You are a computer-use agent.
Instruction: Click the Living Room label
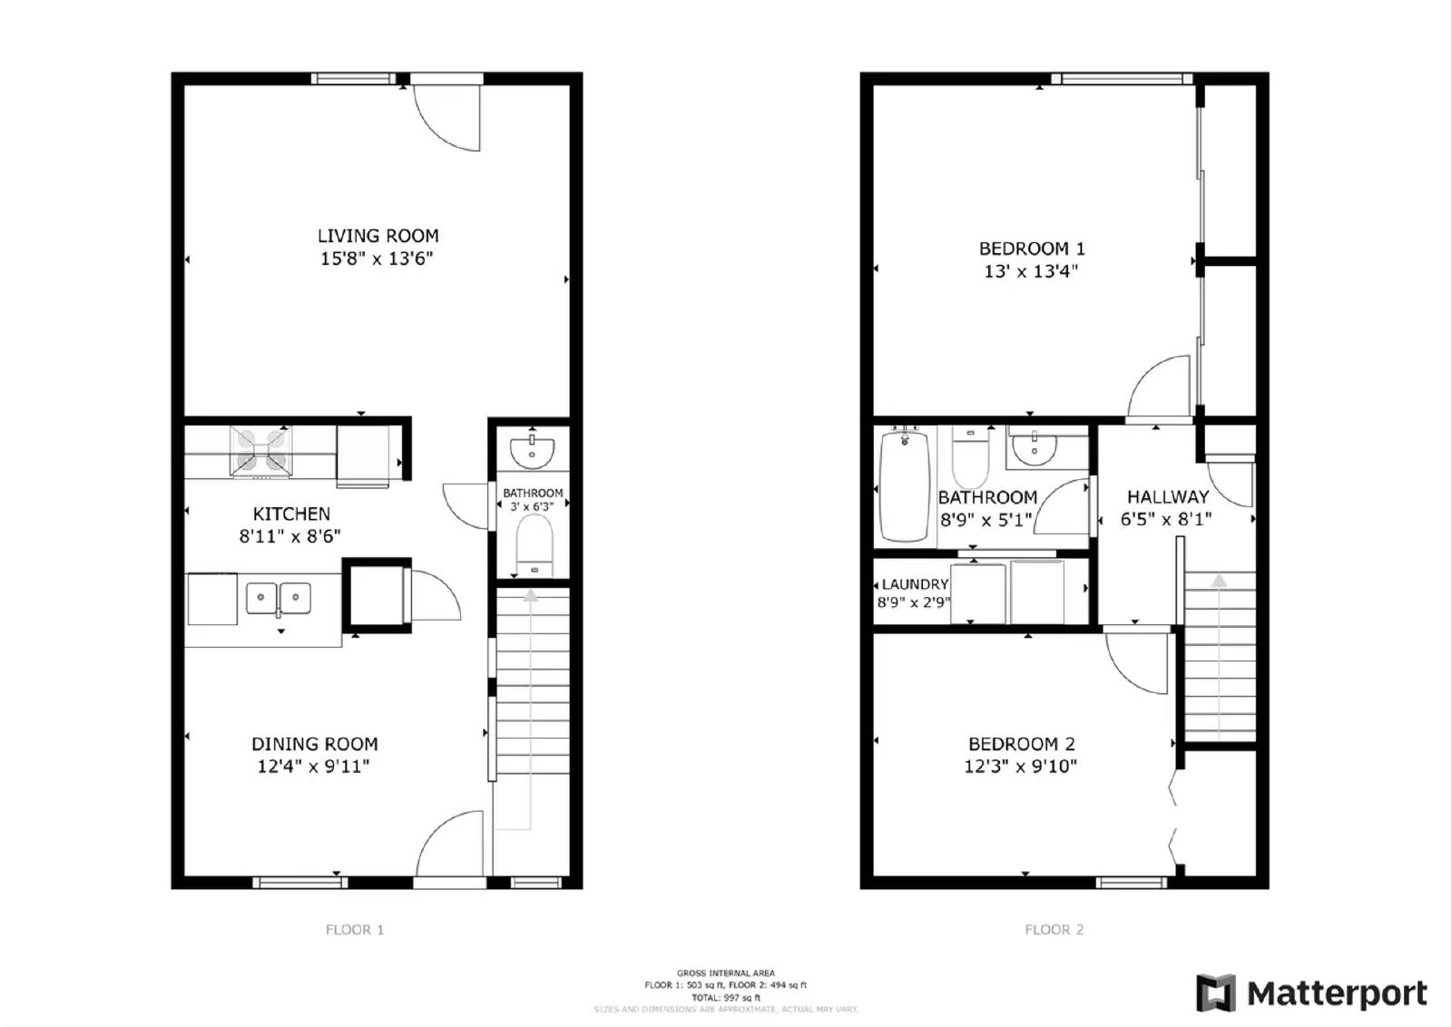click(378, 236)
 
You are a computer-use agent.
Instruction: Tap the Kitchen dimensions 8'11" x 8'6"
click(289, 536)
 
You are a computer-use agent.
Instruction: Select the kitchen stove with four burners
click(261, 451)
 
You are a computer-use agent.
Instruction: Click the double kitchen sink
click(279, 598)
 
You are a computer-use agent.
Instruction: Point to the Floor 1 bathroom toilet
click(534, 545)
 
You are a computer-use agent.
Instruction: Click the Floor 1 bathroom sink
click(532, 450)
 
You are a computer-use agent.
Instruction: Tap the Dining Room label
click(314, 744)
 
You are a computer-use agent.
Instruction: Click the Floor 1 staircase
click(533, 690)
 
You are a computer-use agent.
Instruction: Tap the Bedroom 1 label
click(1032, 249)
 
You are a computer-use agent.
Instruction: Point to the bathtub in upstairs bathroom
click(905, 486)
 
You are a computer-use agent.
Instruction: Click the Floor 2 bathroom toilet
click(970, 458)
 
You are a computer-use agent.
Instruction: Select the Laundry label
click(915, 584)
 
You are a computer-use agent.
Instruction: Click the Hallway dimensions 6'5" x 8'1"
click(1166, 519)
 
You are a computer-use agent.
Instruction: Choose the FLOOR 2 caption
click(1054, 929)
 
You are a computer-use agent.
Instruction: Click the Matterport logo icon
click(1216, 993)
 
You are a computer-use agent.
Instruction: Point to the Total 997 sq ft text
click(725, 997)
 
